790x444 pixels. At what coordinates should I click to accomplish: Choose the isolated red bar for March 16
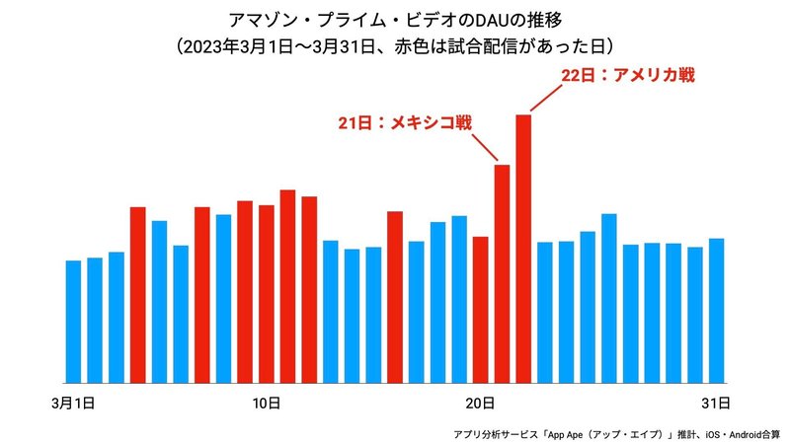(x=395, y=296)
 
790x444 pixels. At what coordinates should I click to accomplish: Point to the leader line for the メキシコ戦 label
(x=486, y=148)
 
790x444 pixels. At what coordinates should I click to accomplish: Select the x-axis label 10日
(x=266, y=403)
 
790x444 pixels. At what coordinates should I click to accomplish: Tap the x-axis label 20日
(x=480, y=403)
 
